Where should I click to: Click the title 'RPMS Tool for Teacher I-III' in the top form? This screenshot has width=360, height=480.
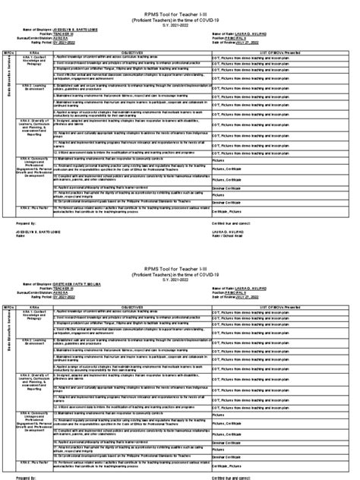[x=180, y=8]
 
